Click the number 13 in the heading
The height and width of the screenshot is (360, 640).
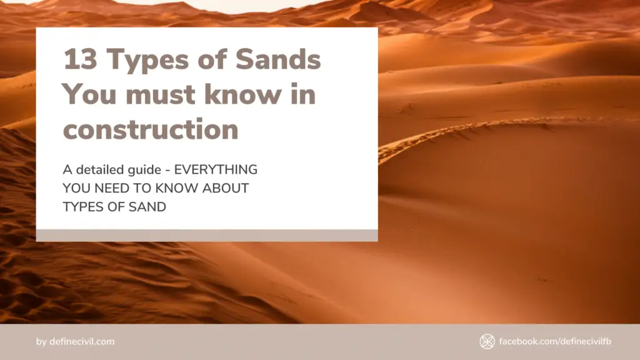coord(81,59)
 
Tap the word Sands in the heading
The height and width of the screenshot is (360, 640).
coord(278,59)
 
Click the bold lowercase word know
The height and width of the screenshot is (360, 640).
coord(242,94)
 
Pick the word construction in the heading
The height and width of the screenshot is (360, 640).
coord(151,130)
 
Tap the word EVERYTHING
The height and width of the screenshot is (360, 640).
coord(216,169)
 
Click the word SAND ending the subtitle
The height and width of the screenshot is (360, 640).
coord(147,207)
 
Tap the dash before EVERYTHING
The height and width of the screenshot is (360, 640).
coord(167,171)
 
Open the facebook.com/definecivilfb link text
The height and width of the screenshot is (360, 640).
coord(555,341)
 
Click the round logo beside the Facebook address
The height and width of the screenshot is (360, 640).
coord(487,342)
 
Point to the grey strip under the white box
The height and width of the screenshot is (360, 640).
coord(207,236)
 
